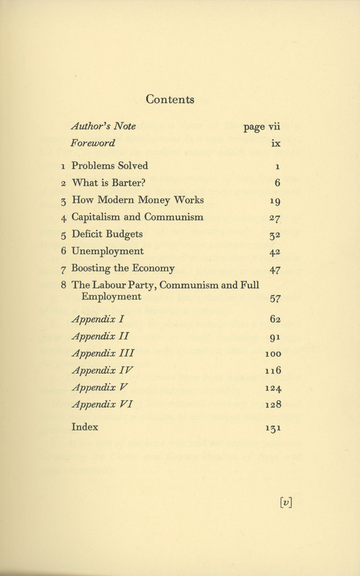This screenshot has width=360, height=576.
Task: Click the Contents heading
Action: coord(180,100)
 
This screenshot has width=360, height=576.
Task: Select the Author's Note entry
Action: coord(104,127)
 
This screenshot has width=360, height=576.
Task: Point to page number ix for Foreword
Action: coord(275,143)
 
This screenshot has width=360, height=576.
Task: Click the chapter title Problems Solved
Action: coord(109,166)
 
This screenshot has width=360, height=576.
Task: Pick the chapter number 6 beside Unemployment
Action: coord(64,251)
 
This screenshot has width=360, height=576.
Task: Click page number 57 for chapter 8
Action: coord(273,297)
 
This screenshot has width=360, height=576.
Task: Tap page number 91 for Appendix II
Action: coord(274,336)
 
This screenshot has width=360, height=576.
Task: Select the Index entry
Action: coord(85,426)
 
